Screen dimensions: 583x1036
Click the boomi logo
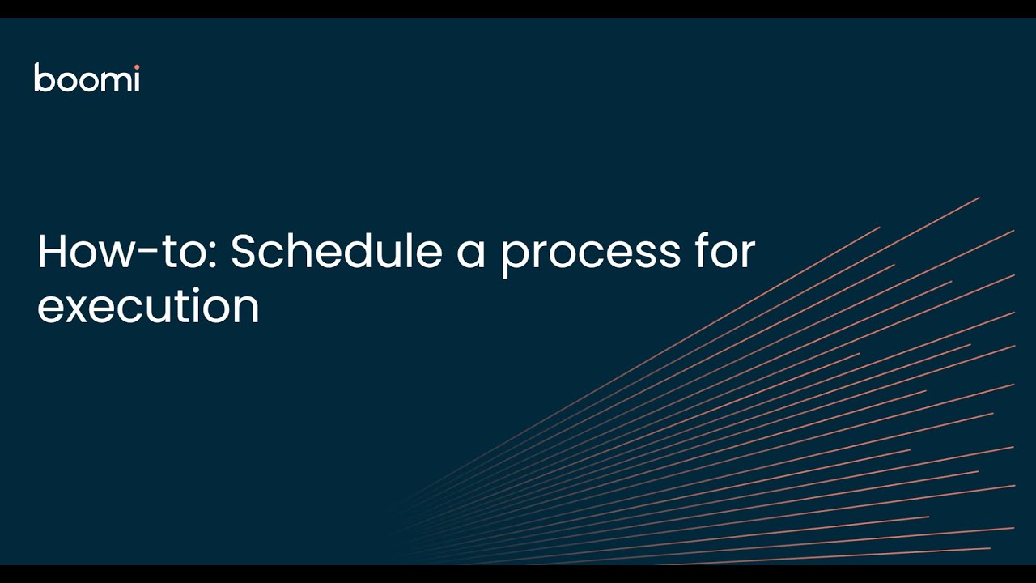point(87,78)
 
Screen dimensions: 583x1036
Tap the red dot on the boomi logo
point(136,66)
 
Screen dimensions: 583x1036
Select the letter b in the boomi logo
point(43,78)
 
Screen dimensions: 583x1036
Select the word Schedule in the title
point(336,252)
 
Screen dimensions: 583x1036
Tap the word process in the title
point(590,253)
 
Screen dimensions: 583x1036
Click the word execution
point(148,307)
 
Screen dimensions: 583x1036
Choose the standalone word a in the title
point(470,254)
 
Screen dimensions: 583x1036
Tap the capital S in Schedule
point(244,252)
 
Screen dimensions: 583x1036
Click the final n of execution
point(246,309)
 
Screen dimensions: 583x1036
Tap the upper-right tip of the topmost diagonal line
point(979,198)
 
